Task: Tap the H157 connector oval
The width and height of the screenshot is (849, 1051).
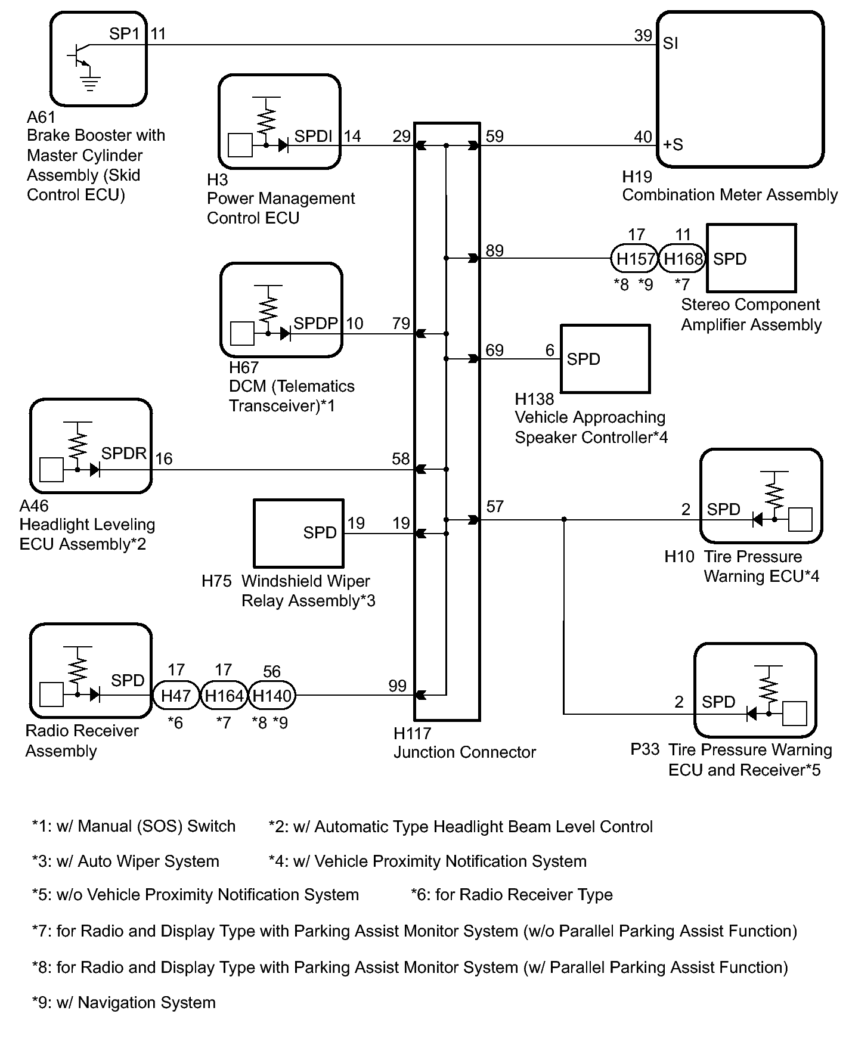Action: pos(635,259)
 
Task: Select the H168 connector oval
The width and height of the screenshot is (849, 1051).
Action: pos(683,259)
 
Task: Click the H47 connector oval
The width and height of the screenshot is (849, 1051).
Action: pos(176,695)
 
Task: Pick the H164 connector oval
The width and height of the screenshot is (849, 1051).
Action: pos(224,695)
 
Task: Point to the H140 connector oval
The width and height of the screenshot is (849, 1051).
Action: pos(271,695)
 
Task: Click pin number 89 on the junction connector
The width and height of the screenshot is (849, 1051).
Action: pos(494,250)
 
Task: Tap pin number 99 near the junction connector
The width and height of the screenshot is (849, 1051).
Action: pos(398,686)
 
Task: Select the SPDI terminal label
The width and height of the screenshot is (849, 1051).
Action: pos(313,136)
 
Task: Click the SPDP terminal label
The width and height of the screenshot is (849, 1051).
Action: pos(316,323)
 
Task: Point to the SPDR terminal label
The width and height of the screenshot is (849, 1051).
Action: pos(123,453)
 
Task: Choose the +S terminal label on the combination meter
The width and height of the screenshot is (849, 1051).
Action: pos(673,144)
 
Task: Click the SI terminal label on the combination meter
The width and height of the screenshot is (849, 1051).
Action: pos(670,43)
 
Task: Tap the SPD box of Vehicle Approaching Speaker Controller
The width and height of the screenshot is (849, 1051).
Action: pos(605,359)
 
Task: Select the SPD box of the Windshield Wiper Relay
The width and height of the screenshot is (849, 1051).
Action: pos(299,533)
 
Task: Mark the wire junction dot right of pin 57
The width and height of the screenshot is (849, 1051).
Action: pos(564,520)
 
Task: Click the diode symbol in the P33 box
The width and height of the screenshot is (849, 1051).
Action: pos(751,713)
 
